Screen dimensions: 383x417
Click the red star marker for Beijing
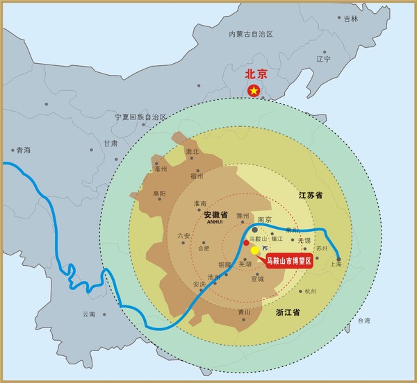pyautogui.click(x=254, y=90)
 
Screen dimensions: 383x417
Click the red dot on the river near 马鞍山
pyautogui.click(x=246, y=243)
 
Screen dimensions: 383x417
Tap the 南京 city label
pyautogui.click(x=265, y=220)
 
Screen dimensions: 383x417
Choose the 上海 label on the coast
pyautogui.click(x=336, y=264)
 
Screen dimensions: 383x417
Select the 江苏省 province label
pyautogui.click(x=311, y=196)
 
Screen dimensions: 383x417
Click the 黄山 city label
pyautogui.click(x=243, y=312)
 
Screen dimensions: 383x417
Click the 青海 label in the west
pyautogui.click(x=24, y=150)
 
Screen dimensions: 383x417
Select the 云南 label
pyautogui.click(x=88, y=314)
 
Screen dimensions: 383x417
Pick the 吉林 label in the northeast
pyautogui.click(x=350, y=19)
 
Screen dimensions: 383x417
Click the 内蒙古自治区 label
pyautogui.click(x=252, y=33)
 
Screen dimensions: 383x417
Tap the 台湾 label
pyautogui.click(x=364, y=321)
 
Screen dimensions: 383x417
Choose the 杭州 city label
pyautogui.click(x=310, y=292)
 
